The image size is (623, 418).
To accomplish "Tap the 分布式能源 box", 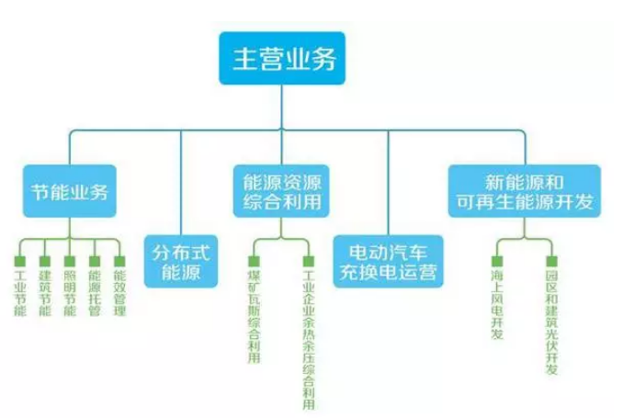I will pyautogui.click(x=181, y=259).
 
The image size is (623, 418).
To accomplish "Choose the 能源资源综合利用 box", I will pyautogui.click(x=278, y=191).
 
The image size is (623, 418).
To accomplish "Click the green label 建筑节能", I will pyautogui.click(x=45, y=293).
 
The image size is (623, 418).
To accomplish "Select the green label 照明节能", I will pyautogui.click(x=70, y=293).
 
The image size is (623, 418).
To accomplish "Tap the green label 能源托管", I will pyautogui.click(x=94, y=293).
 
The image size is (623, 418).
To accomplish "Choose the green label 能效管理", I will pyautogui.click(x=119, y=293).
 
